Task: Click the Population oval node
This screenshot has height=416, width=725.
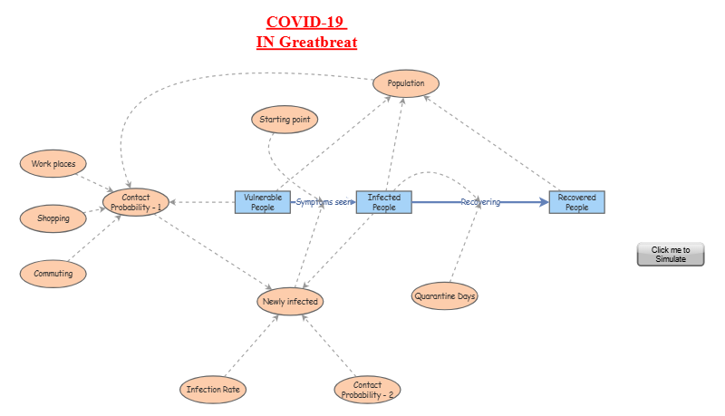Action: (x=406, y=83)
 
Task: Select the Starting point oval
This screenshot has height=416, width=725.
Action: (x=284, y=119)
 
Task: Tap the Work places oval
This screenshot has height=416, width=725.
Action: (x=53, y=164)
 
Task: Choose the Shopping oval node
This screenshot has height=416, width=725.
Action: (x=53, y=218)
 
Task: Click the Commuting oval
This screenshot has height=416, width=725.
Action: (x=53, y=273)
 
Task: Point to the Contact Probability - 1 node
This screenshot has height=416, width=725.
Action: (x=136, y=202)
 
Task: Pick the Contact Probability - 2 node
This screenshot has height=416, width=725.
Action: (x=368, y=390)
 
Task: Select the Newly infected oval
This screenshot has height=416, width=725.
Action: (x=290, y=301)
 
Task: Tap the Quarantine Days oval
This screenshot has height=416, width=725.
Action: (x=445, y=295)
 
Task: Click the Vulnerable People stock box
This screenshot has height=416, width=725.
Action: (x=263, y=202)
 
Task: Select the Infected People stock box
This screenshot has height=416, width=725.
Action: (x=383, y=202)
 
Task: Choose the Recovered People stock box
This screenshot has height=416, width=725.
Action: (x=576, y=202)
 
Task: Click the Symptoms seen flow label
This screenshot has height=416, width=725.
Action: (x=324, y=202)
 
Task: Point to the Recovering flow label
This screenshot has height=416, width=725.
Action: (x=480, y=202)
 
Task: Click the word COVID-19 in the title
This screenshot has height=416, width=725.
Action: (x=306, y=22)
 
